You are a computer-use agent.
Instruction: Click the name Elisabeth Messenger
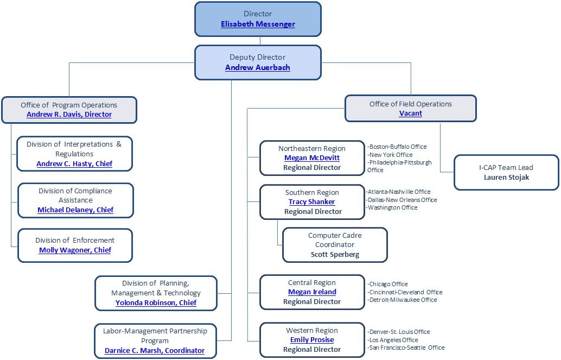pos(258,24)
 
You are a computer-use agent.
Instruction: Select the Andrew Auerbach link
pos(258,68)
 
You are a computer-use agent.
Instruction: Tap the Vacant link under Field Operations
pos(410,113)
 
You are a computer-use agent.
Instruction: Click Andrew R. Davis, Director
pos(69,115)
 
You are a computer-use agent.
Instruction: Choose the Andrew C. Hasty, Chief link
pos(74,164)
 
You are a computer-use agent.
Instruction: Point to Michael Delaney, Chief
pos(75,210)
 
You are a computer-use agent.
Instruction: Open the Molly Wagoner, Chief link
pos(75,250)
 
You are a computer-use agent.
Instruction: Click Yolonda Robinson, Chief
pos(156,303)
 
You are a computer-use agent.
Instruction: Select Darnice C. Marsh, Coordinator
pos(155,351)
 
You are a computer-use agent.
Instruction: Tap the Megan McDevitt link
pos(312,158)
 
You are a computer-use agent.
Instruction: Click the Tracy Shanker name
pos(311,202)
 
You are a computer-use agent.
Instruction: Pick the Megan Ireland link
pos(312,292)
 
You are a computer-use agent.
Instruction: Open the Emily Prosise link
pos(312,340)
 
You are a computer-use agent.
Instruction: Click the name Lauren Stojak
pos(506,177)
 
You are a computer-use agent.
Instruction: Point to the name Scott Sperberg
pos(335,254)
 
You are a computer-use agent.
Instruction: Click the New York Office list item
pos(391,155)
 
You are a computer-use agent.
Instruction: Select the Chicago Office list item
pos(388,284)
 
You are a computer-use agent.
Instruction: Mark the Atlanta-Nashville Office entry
pos(399,192)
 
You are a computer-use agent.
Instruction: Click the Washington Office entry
pos(393,207)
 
